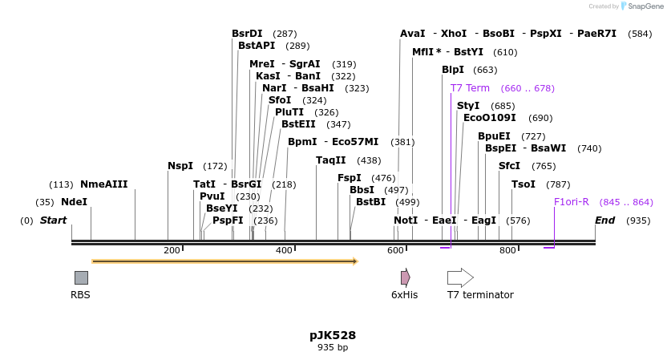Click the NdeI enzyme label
[74, 202]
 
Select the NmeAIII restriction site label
[104, 184]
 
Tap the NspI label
[180, 166]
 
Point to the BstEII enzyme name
[298, 124]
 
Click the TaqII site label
[330, 160]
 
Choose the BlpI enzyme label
[453, 70]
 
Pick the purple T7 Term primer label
[470, 88]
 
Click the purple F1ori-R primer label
[572, 202]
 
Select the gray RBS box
[81, 277]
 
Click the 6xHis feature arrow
[406, 277]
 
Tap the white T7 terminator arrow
[460, 277]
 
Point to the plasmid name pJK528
[333, 335]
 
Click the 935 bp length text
[333, 348]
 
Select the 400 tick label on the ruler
[284, 251]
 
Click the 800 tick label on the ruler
[507, 251]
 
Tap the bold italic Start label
[54, 220]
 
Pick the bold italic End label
[605, 220]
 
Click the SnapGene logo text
[645, 6]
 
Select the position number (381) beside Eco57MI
[402, 142]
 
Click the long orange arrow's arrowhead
[354, 261]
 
